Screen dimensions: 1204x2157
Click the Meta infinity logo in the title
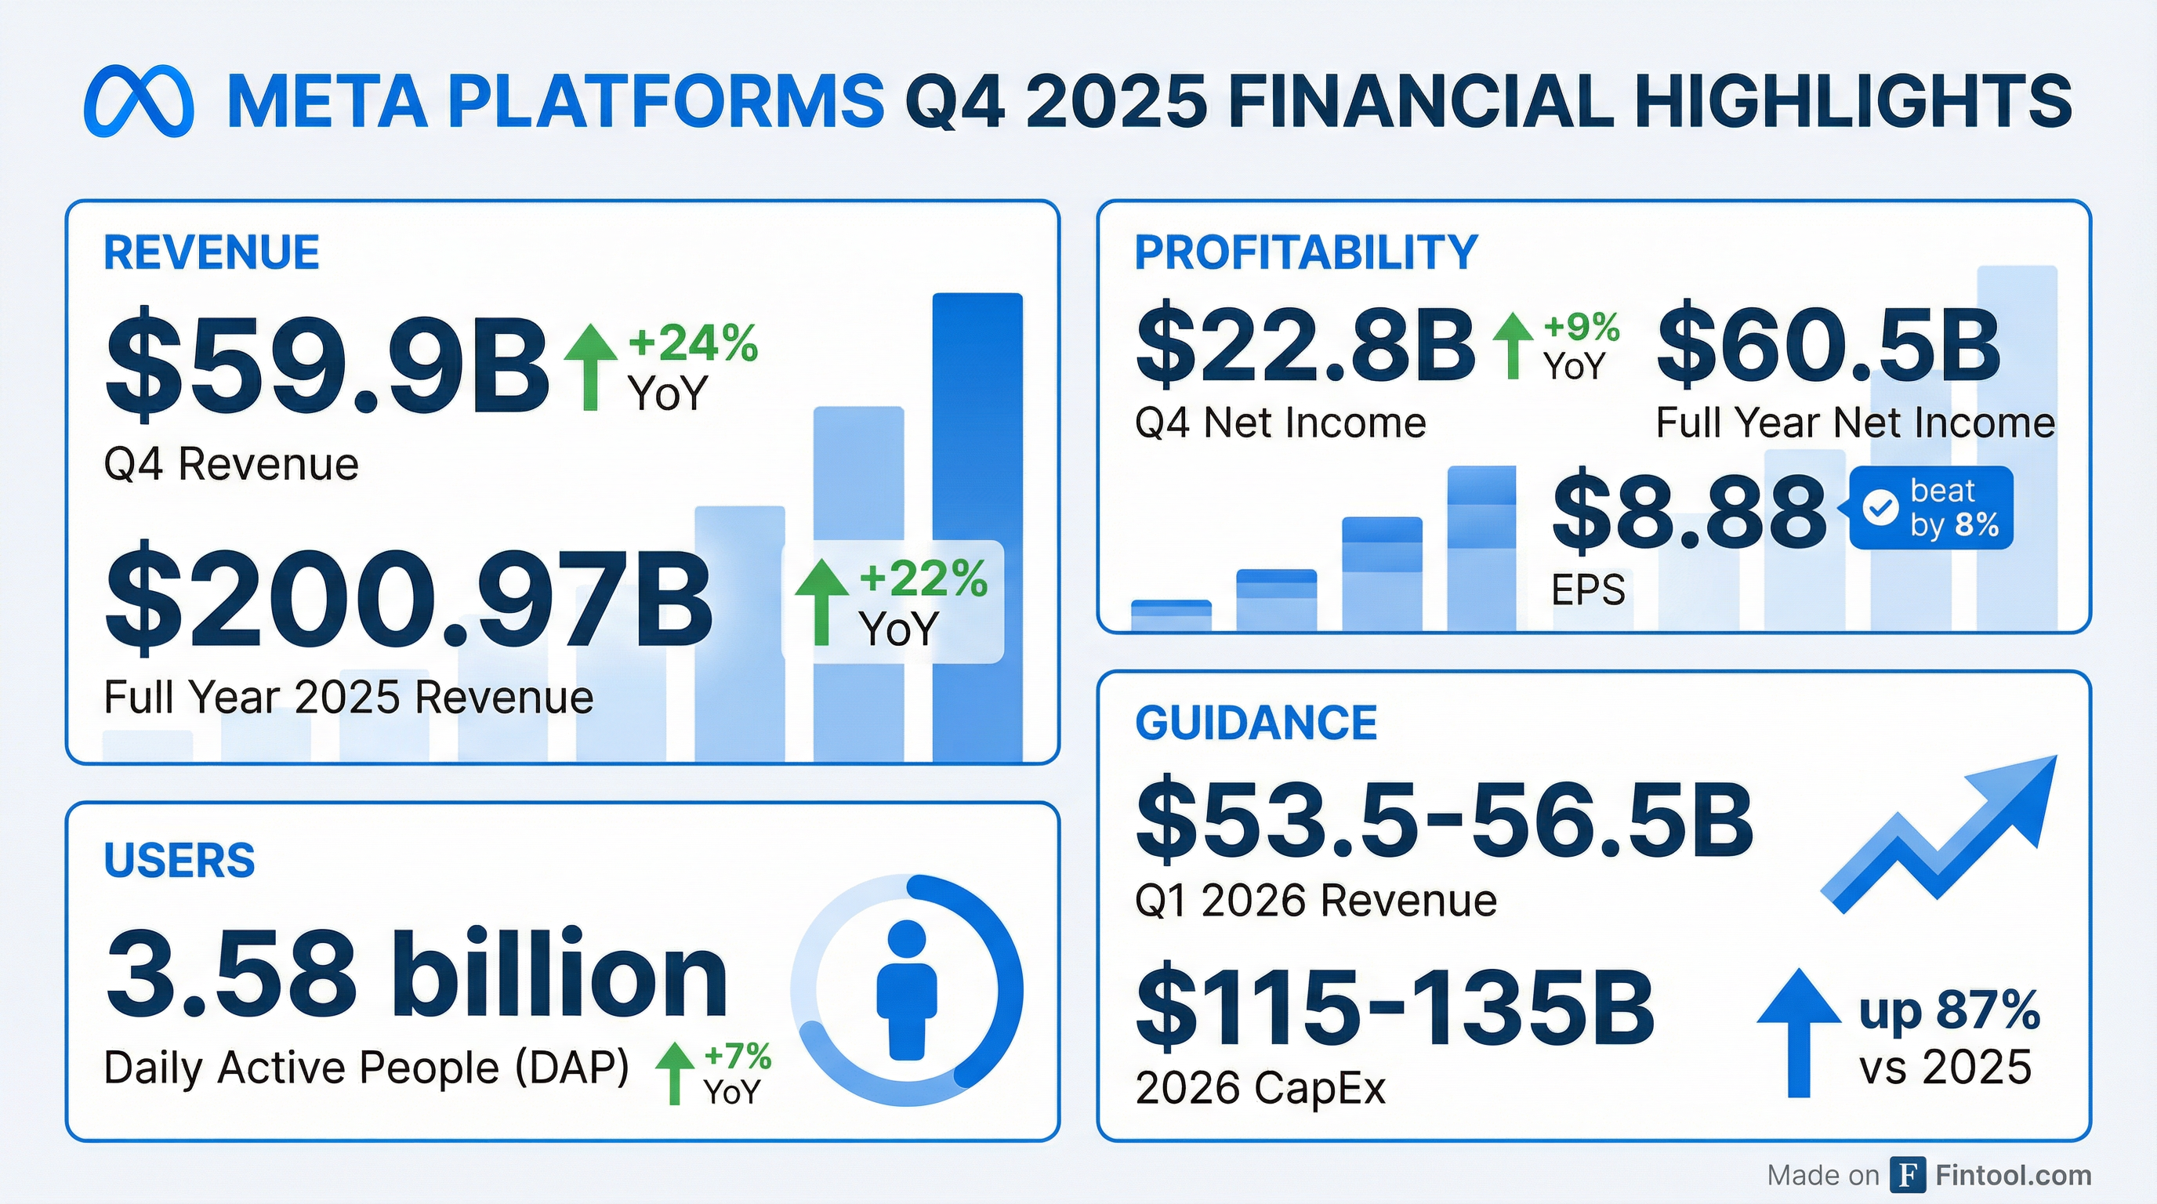pyautogui.click(x=139, y=101)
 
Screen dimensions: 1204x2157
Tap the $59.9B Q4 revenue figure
pyautogui.click(x=327, y=365)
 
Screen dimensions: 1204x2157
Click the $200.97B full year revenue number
pyautogui.click(x=408, y=598)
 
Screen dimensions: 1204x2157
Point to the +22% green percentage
pyautogui.click(x=923, y=578)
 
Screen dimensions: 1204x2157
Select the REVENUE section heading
pyautogui.click(x=211, y=252)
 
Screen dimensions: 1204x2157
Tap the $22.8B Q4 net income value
pyautogui.click(x=1304, y=344)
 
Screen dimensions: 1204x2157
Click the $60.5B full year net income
pyautogui.click(x=1828, y=344)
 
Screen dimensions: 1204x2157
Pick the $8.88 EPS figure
pyautogui.click(x=1689, y=511)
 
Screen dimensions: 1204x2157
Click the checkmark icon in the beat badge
pyautogui.click(x=1880, y=507)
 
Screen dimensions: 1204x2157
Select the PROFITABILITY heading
pyautogui.click(x=1306, y=252)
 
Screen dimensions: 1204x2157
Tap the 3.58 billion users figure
pyautogui.click(x=416, y=976)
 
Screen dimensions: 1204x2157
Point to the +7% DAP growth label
pyautogui.click(x=737, y=1056)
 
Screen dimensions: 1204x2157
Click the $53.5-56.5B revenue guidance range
pyautogui.click(x=1444, y=821)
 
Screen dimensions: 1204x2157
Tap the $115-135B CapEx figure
pyautogui.click(x=1394, y=1008)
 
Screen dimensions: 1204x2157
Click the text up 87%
pyautogui.click(x=1949, y=1011)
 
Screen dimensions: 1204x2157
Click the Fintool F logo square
pyautogui.click(x=1908, y=1175)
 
